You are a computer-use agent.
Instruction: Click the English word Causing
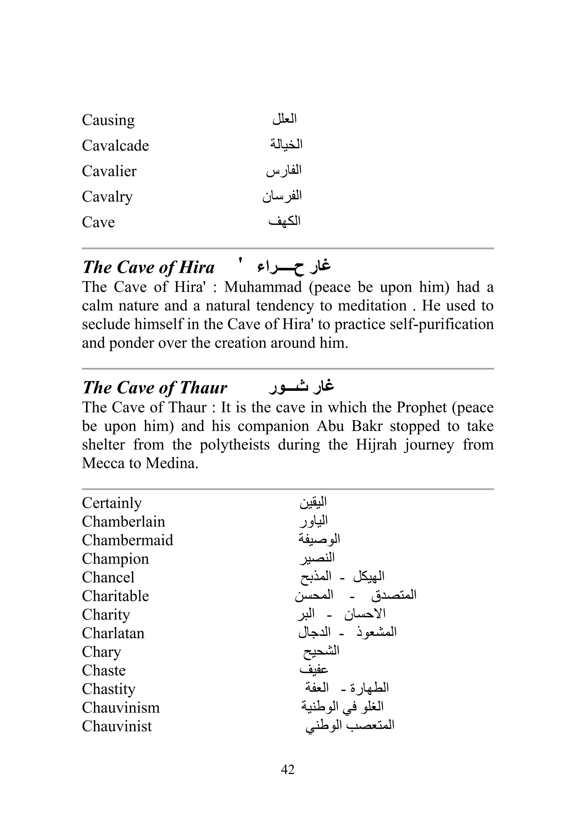pyautogui.click(x=108, y=120)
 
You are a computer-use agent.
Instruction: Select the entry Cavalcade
pyautogui.click(x=115, y=146)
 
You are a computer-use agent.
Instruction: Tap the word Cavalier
pyautogui.click(x=109, y=171)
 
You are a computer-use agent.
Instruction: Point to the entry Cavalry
pyautogui.click(x=107, y=197)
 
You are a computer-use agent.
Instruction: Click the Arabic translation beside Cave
pyautogui.click(x=284, y=222)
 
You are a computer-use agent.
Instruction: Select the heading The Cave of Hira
pyautogui.click(x=148, y=267)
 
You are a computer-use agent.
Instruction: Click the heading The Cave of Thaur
pyautogui.click(x=154, y=387)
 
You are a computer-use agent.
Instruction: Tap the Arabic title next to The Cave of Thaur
pyautogui.click(x=301, y=387)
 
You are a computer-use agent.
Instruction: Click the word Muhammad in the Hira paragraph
pyautogui.click(x=263, y=287)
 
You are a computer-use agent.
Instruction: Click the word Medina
pyautogui.click(x=172, y=463)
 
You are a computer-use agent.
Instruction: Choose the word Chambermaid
pyautogui.click(x=127, y=540)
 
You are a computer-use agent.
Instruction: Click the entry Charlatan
pyautogui.click(x=113, y=633)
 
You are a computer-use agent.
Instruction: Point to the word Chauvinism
pyautogui.click(x=121, y=708)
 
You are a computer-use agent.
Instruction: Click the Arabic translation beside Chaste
pyautogui.click(x=314, y=670)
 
